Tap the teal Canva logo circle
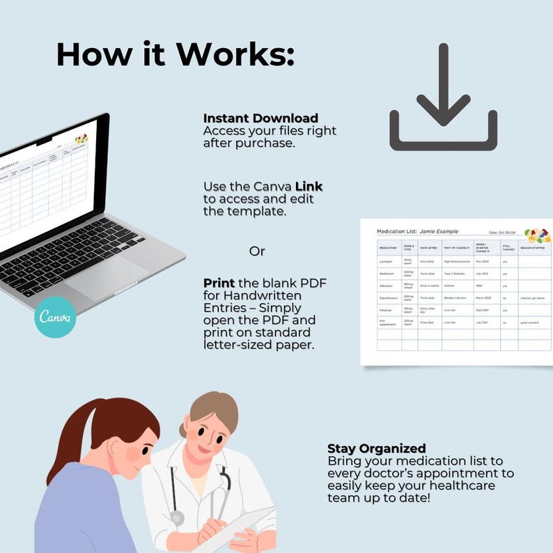tap(55, 317)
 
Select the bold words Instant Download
tap(260, 118)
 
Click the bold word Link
tap(309, 187)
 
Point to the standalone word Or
tap(257, 251)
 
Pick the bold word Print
tap(218, 283)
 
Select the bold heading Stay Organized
tap(377, 448)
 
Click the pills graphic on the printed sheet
tap(537, 235)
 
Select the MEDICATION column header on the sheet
tap(388, 247)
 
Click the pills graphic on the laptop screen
tap(81, 139)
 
